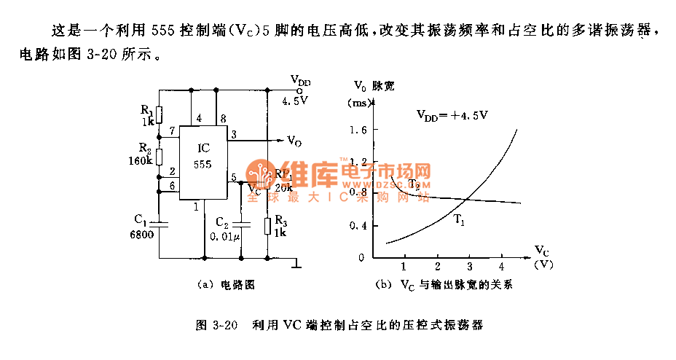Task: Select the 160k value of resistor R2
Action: (x=140, y=160)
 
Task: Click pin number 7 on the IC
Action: (x=173, y=131)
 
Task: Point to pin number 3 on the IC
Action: (x=233, y=135)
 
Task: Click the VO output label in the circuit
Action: (x=294, y=141)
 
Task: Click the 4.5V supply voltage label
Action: (x=295, y=102)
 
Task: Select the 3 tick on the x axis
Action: (x=469, y=265)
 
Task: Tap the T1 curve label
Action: (x=459, y=219)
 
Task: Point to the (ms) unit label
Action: (x=358, y=103)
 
